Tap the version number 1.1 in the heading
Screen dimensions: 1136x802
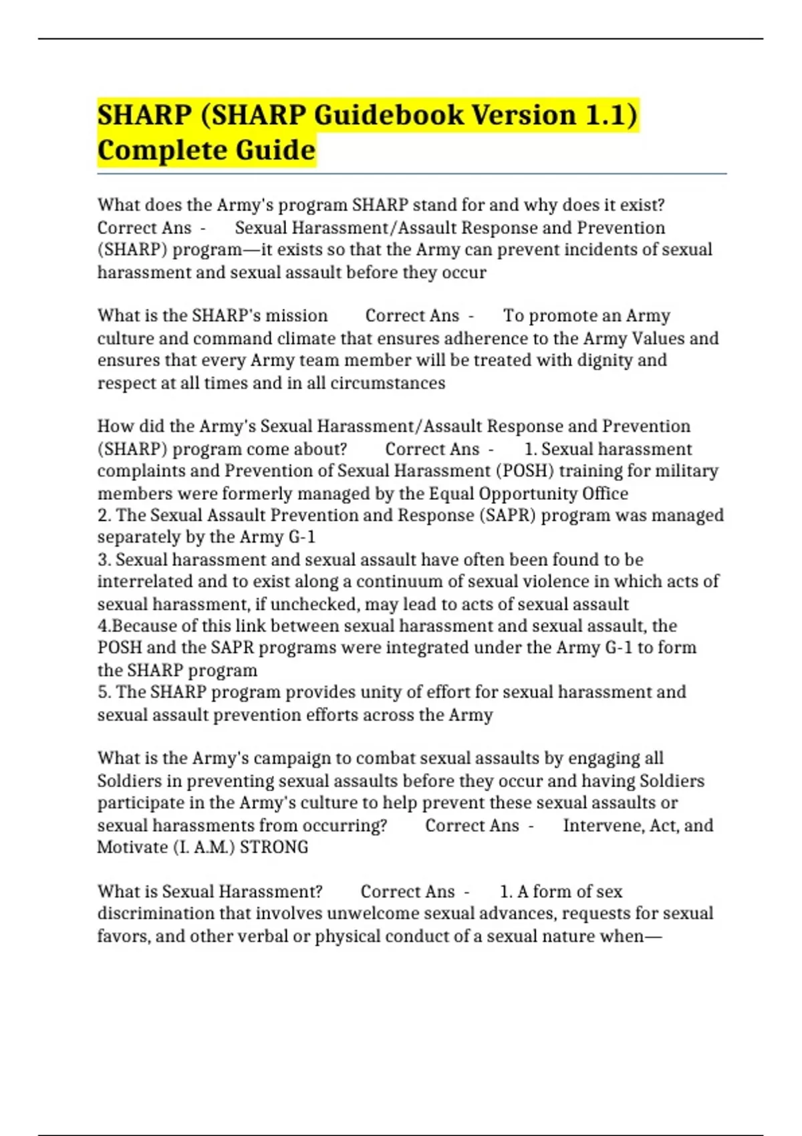pos(609,115)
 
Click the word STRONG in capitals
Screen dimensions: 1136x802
pos(274,847)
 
